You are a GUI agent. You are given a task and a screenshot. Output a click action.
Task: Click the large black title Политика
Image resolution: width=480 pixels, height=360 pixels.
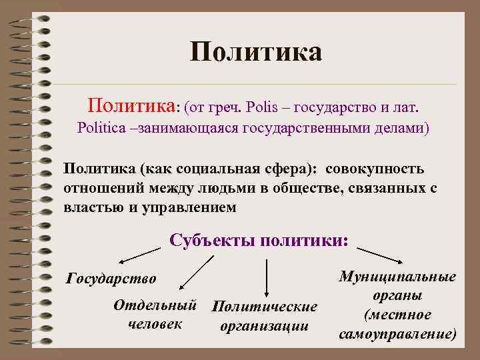point(256,52)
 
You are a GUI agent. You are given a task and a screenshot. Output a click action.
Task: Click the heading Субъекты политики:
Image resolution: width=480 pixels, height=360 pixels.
point(259,240)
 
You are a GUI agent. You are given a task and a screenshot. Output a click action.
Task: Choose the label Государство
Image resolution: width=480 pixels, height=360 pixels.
point(111,277)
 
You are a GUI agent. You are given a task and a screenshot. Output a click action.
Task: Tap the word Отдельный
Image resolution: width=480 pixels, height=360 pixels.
point(155,305)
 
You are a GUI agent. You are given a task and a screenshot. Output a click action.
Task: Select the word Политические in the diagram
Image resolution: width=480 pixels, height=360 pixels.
point(264,307)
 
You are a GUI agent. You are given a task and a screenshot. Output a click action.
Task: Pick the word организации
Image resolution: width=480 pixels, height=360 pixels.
point(264,326)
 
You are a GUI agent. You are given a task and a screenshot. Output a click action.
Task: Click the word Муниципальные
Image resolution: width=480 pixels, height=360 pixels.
point(398,276)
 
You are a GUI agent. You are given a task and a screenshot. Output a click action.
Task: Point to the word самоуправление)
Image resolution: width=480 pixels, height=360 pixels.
point(398,333)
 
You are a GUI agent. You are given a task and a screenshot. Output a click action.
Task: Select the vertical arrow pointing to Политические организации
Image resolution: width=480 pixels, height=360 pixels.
point(267,277)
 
